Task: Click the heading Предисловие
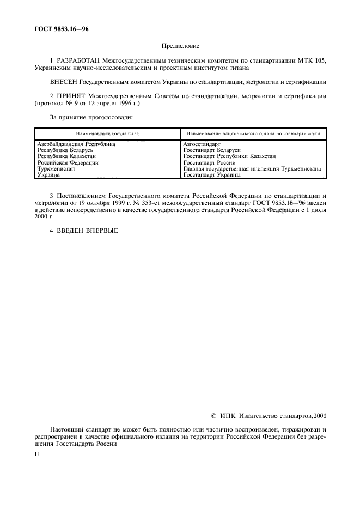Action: (180, 47)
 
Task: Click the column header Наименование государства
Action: (107, 133)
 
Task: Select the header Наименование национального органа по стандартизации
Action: (253, 133)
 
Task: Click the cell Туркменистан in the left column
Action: (56, 169)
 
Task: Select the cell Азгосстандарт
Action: (202, 144)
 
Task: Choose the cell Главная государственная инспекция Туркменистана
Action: (252, 169)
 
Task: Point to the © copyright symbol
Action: (213, 416)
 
